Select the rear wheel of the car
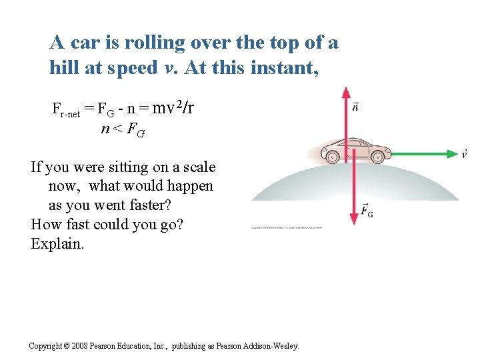[x=332, y=157]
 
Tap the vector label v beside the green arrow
[x=464, y=154]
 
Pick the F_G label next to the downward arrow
[x=367, y=211]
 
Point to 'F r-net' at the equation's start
[x=67, y=109]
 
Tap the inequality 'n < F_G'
[x=122, y=129]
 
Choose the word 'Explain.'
[x=58, y=243]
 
